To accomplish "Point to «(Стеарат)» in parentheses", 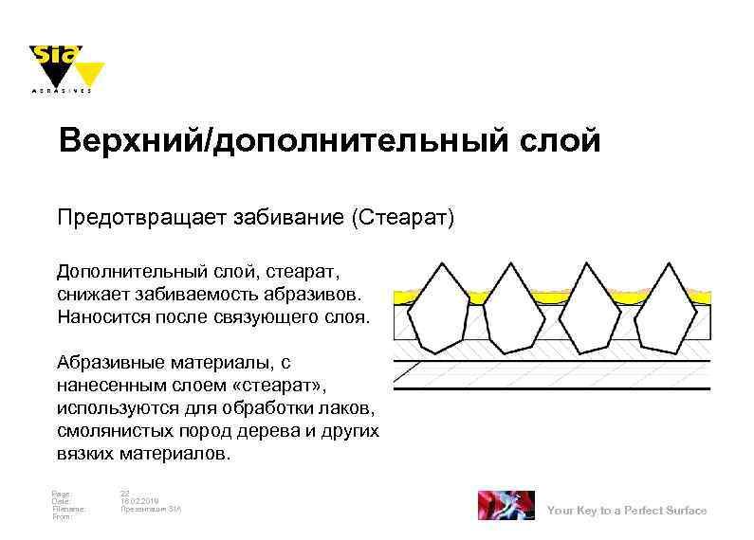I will pos(403,219).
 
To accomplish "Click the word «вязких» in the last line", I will pos(85,454).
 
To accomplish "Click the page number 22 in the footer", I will pos(125,493).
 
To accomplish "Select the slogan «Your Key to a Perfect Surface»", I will pos(627,511).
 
